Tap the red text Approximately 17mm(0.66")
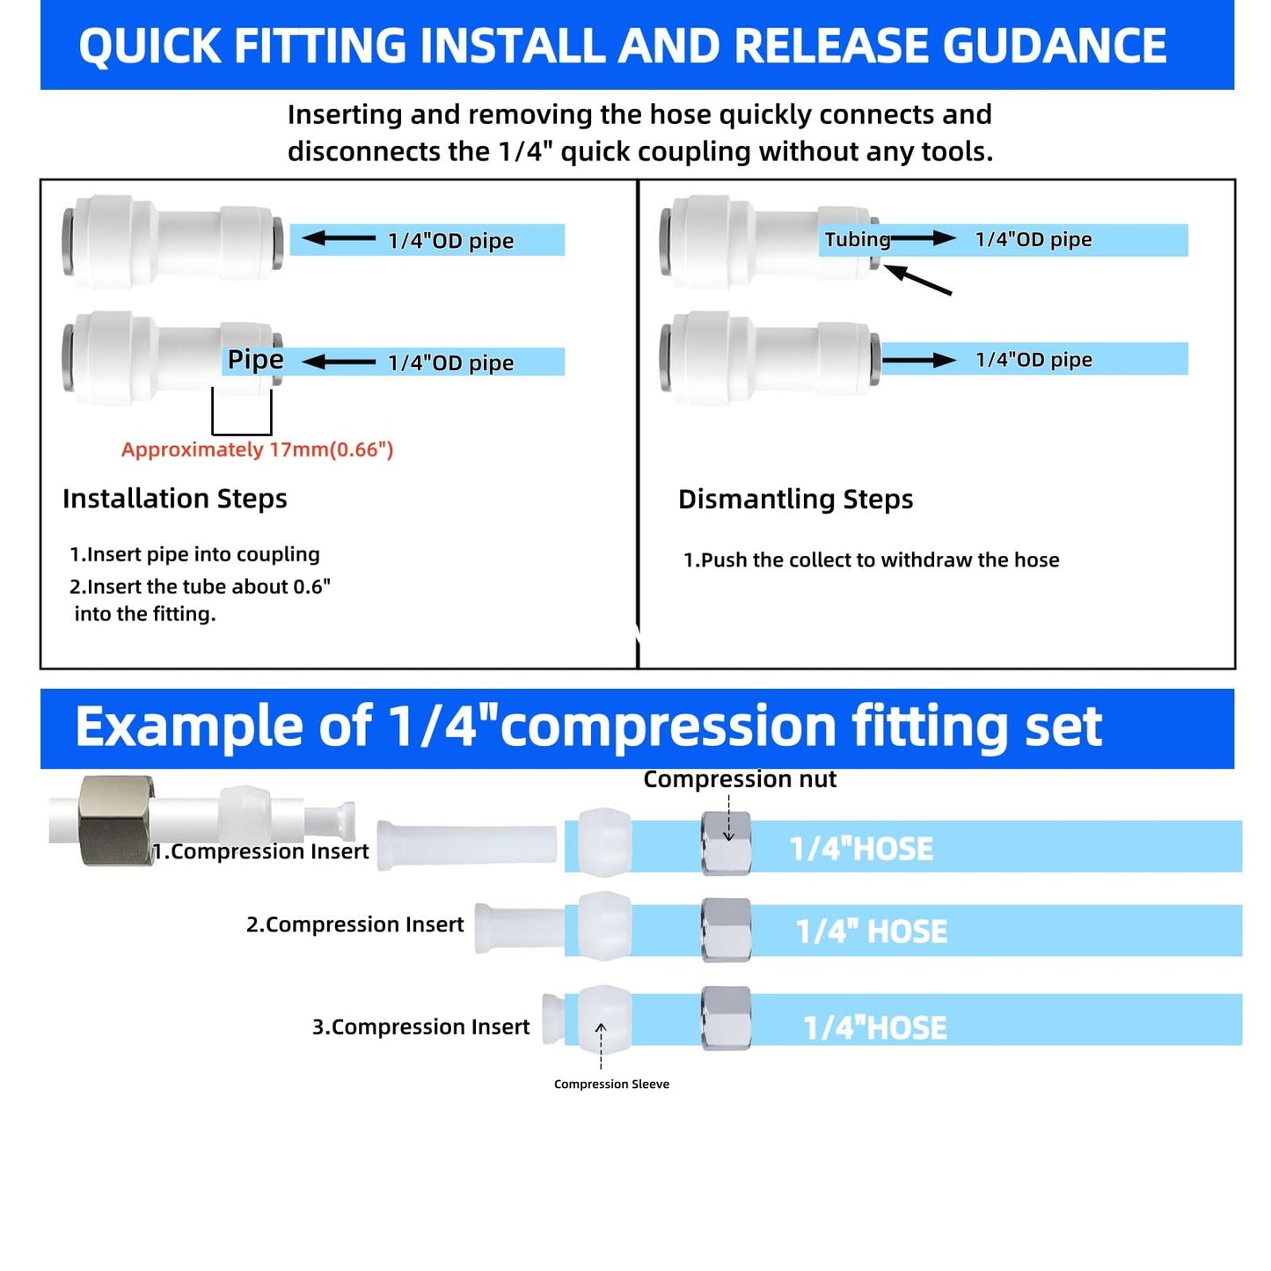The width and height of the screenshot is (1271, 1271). tap(257, 449)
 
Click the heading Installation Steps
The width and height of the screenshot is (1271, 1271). tap(175, 499)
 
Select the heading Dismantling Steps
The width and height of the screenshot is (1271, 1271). tap(795, 500)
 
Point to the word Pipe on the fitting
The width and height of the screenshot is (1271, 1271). tap(255, 359)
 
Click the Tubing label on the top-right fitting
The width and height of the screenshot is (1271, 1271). tap(857, 239)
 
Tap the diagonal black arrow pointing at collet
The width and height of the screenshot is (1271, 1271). tap(917, 281)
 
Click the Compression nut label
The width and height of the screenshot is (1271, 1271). tap(740, 779)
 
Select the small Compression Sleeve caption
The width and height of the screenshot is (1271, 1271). tap(611, 1085)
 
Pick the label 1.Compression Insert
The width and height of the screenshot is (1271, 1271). tap(261, 851)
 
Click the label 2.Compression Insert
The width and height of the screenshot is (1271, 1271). tap(354, 924)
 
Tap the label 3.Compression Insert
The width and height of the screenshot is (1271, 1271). tap(420, 1027)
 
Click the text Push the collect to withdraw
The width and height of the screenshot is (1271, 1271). tap(871, 560)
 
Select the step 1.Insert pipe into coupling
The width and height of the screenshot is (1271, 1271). tap(194, 554)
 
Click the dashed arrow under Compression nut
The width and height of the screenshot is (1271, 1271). tap(728, 817)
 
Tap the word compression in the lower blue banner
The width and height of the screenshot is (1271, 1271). tap(668, 727)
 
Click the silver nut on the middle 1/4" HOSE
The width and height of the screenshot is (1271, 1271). tap(726, 930)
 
